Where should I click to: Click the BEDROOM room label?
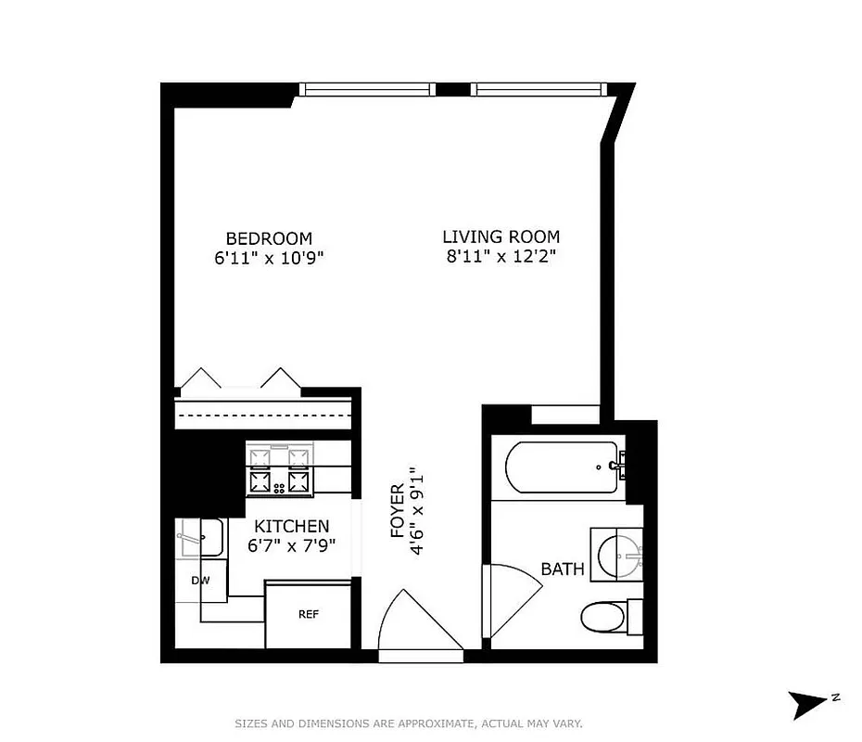click(270, 237)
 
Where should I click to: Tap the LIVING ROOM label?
click(501, 237)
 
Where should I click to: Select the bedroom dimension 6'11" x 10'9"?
click(270, 258)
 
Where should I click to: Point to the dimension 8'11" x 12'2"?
click(501, 257)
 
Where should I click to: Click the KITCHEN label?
click(292, 526)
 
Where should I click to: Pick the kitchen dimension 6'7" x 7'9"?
click(292, 545)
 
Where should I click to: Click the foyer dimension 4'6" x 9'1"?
click(418, 511)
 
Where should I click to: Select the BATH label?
click(563, 569)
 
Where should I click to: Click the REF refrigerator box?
click(308, 614)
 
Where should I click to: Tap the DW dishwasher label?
click(201, 582)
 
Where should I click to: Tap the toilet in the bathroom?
click(603, 614)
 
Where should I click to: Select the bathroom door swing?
click(513, 598)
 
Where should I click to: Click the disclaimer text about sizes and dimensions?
click(408, 723)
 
